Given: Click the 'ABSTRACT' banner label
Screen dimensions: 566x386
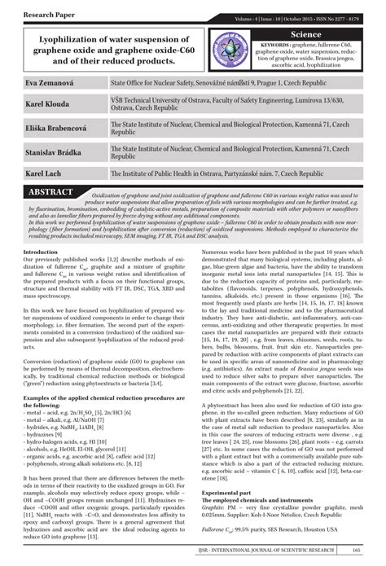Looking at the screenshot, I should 50,191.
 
